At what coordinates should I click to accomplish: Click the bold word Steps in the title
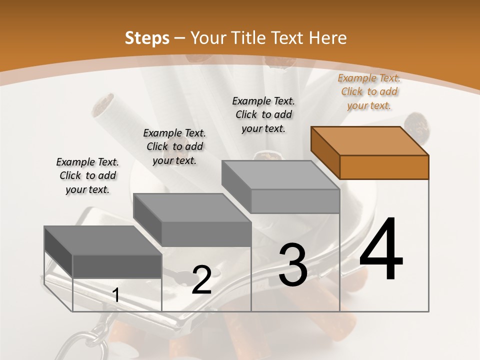pos(146,38)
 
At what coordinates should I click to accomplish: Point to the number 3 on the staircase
pos(293,264)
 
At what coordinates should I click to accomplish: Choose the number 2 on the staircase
pos(202,280)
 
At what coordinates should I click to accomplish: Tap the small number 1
pos(116,295)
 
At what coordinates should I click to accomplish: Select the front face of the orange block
pos(384,167)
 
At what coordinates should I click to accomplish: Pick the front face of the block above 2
pos(206,234)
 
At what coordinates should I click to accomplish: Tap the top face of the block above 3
pos(280,175)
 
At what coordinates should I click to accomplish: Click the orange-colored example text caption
pos(369,91)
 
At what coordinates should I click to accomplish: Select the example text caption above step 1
pos(87,175)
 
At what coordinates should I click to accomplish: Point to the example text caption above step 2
pos(174,146)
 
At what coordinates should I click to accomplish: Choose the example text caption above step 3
pos(263,114)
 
